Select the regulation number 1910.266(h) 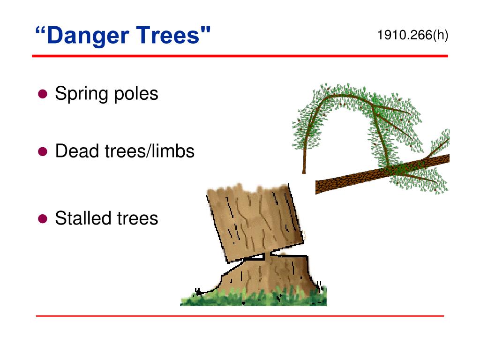pos(412,35)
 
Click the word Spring pos(82,94)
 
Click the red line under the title pos(240,56)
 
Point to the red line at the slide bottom pos(240,316)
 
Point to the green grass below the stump pos(253,298)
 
